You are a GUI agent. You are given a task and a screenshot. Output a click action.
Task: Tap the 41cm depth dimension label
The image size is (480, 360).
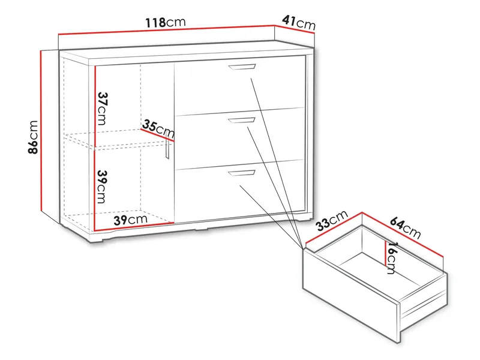[298, 23]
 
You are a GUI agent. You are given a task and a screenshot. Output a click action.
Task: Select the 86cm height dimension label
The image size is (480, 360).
[34, 137]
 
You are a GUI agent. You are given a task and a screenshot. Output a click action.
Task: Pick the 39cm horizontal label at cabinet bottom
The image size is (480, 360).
[131, 220]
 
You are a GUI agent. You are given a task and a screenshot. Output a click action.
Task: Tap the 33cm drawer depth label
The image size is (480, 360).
[331, 221]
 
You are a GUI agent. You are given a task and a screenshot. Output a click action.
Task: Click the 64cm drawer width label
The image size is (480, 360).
[405, 225]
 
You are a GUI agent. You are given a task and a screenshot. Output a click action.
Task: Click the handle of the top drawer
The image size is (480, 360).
[243, 67]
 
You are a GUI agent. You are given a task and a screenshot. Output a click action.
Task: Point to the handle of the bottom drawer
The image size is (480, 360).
[241, 174]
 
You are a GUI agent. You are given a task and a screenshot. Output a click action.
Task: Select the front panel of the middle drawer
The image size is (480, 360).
[240, 138]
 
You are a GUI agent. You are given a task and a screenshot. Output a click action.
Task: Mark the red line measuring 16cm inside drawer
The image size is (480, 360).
[385, 252]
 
